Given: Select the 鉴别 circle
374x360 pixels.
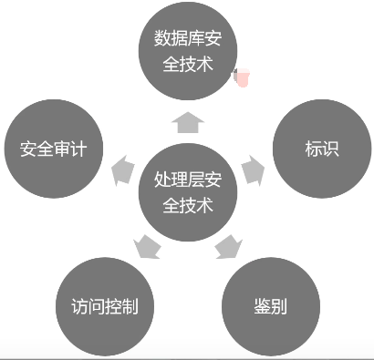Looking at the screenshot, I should (271, 304).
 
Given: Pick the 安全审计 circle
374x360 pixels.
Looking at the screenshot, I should (53, 149).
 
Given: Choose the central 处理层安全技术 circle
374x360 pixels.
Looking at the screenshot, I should (187, 192).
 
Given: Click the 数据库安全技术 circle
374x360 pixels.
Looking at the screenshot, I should (186, 53).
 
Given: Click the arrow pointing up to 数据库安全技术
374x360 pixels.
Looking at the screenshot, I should (187, 119).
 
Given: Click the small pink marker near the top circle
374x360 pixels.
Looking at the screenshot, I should (243, 79).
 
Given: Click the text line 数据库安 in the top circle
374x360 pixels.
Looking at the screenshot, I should (186, 40).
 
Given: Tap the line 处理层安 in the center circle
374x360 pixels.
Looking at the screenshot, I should (187, 180).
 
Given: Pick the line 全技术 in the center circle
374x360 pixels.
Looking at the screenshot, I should (187, 206).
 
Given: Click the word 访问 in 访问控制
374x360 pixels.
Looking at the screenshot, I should (88, 304).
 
